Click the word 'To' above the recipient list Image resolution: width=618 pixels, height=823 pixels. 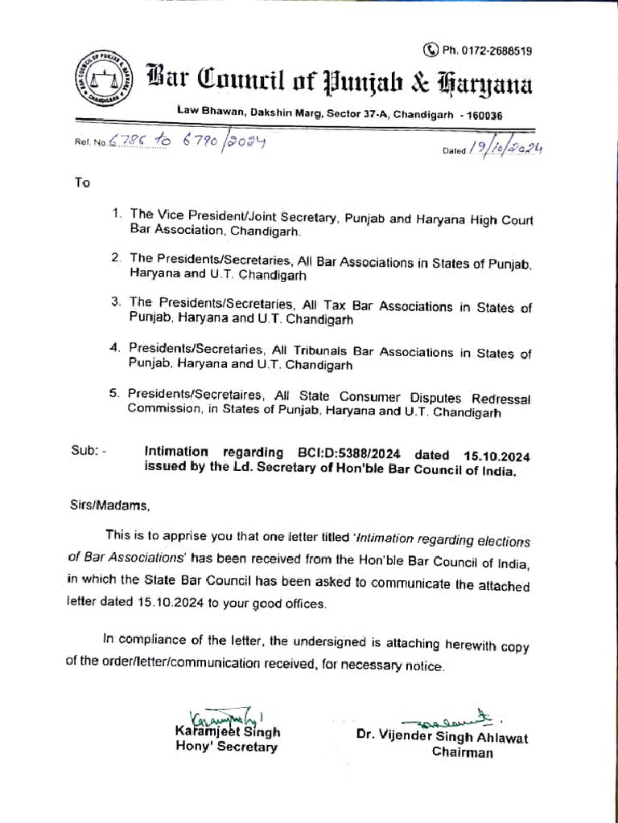tap(82, 182)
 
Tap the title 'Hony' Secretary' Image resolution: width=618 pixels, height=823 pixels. tap(226, 747)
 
